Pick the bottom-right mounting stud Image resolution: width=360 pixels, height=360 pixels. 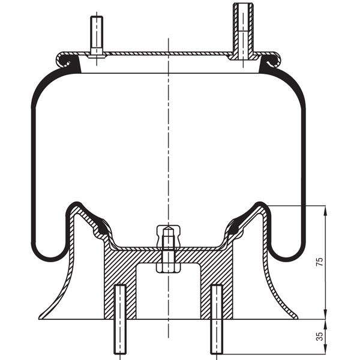216,321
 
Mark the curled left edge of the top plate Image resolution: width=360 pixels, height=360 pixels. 62,59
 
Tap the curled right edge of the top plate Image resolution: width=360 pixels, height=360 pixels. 274,59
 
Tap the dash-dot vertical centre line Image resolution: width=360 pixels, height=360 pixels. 169,150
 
